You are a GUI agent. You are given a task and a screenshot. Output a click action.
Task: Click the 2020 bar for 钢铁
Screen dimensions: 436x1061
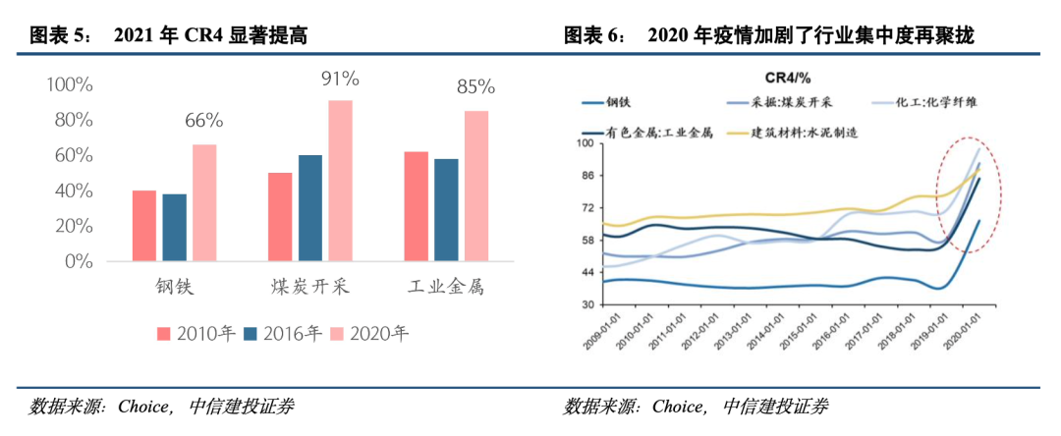tap(204, 202)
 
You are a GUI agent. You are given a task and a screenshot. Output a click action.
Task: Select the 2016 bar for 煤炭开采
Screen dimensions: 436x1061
tap(310, 208)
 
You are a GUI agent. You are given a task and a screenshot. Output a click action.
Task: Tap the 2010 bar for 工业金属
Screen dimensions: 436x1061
tap(417, 206)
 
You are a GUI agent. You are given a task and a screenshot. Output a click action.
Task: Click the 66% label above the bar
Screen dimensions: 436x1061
tap(204, 122)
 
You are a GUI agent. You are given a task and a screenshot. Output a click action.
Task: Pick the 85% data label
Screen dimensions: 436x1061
tap(476, 88)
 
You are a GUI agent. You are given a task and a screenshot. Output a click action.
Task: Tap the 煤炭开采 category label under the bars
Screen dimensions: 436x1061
tap(310, 288)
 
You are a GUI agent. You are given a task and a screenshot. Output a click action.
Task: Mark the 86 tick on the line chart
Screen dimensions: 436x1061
tap(589, 176)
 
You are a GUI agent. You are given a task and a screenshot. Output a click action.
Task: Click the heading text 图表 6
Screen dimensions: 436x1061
tap(593, 36)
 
